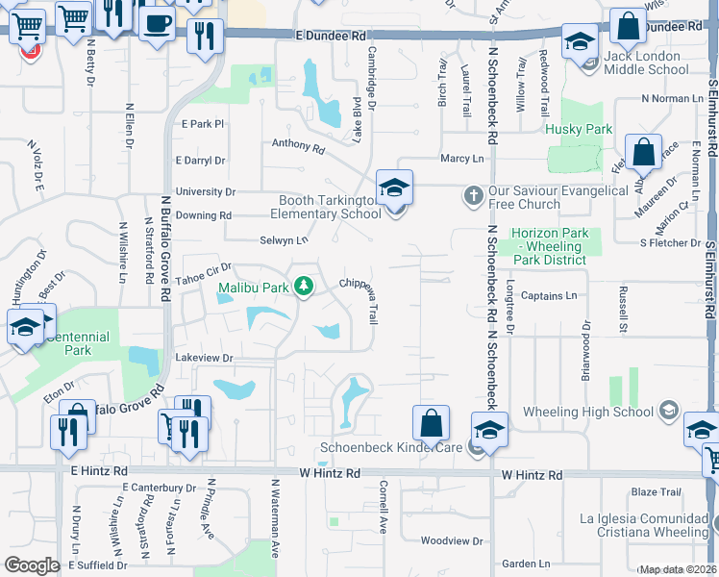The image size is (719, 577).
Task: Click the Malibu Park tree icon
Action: click(304, 287)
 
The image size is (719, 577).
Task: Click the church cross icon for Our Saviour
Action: click(472, 196)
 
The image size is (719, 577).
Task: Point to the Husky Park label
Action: click(578, 129)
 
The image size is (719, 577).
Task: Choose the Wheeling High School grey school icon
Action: click(665, 413)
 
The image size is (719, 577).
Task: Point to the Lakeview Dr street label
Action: click(204, 358)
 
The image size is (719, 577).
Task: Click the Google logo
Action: click(31, 565)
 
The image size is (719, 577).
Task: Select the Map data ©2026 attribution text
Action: click(677, 569)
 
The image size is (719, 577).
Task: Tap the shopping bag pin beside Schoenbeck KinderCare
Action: click(432, 423)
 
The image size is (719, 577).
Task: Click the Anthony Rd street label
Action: click(298, 146)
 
